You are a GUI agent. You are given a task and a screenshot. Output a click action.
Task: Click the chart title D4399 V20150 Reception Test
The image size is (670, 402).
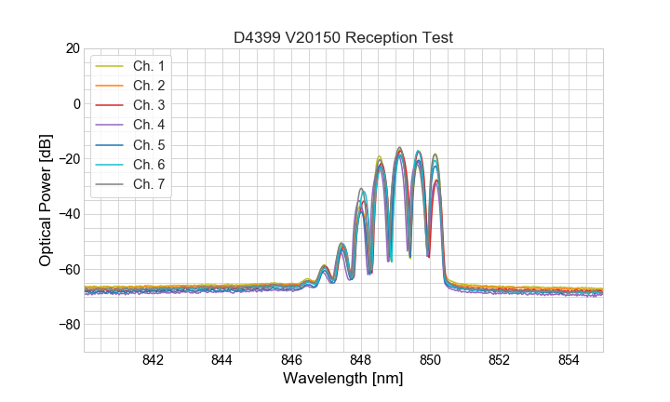(343, 37)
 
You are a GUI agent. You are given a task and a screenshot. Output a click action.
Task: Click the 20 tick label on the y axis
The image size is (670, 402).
(70, 48)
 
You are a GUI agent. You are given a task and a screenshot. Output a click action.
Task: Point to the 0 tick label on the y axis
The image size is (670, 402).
(74, 103)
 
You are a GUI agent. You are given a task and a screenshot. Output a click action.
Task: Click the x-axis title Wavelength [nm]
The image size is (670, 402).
(343, 380)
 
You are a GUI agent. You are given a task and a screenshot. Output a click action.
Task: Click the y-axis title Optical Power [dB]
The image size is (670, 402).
(45, 199)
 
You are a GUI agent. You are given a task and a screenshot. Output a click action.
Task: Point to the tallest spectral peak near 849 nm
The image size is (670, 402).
(399, 148)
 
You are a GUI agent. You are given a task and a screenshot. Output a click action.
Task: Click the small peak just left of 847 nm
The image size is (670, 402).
(324, 267)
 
